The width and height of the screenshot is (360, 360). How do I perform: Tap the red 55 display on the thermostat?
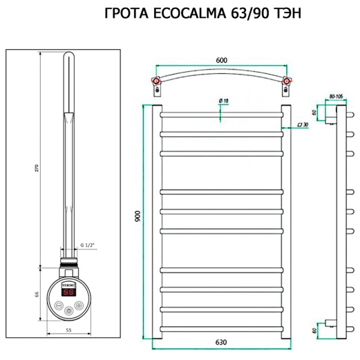pyautogui.click(x=69, y=292)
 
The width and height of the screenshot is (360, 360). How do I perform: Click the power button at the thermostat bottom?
pyautogui.click(x=69, y=310)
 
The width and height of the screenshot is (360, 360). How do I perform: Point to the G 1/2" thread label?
pyautogui.click(x=88, y=244)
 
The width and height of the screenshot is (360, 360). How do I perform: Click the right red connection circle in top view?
pyautogui.click(x=287, y=82)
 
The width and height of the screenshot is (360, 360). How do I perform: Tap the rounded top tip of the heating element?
pyautogui.click(x=68, y=57)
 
